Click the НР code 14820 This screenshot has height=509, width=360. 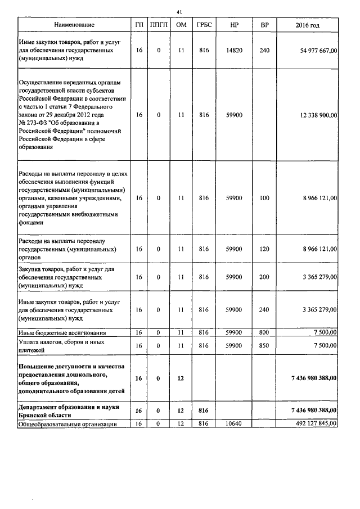pyautogui.click(x=234, y=51)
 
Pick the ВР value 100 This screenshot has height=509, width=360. pyautogui.click(x=264, y=198)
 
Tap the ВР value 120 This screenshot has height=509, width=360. pyautogui.click(x=264, y=249)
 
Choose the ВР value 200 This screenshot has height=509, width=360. pyautogui.click(x=264, y=277)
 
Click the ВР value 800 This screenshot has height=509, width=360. pyautogui.click(x=264, y=333)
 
